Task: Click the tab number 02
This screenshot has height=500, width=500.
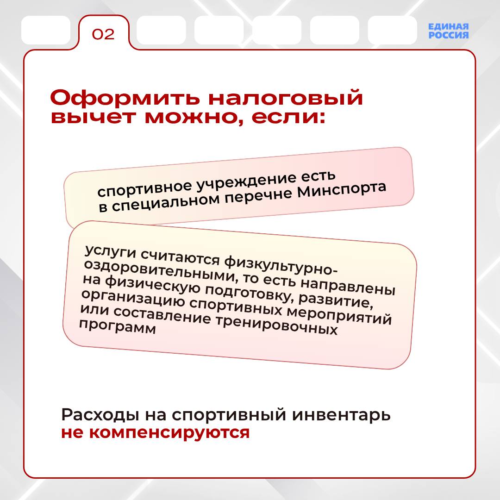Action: [x=103, y=34]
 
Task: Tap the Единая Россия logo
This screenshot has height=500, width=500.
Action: [x=448, y=31]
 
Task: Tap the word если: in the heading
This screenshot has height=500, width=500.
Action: [x=288, y=117]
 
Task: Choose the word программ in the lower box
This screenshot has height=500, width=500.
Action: [x=117, y=326]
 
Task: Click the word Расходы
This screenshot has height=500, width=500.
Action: [x=100, y=415]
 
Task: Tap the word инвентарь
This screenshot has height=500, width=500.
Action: [x=341, y=415]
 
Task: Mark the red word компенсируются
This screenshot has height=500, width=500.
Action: [x=169, y=433]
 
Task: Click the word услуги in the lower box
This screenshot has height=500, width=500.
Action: [x=111, y=253]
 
